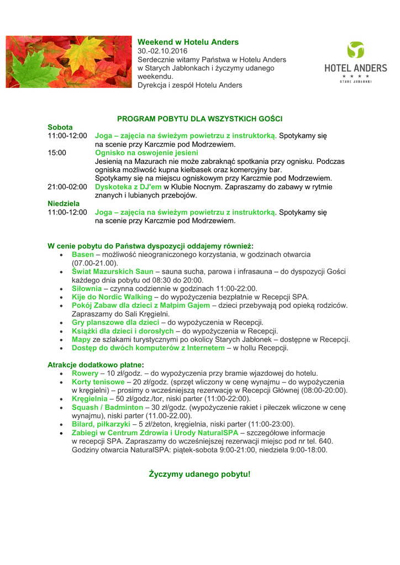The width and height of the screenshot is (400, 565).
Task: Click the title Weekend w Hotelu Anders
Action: tap(188, 42)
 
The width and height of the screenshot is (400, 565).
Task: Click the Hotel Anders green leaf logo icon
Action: tap(355, 50)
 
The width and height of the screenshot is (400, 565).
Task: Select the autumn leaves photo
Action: tap(69, 61)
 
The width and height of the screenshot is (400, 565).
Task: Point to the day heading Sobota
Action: tap(60, 127)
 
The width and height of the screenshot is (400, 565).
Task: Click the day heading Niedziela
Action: tap(64, 204)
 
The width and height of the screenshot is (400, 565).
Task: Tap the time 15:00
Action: tap(57, 153)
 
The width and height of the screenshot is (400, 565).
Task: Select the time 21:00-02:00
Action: tap(67, 187)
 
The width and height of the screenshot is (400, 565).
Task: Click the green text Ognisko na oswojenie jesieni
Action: tap(146, 153)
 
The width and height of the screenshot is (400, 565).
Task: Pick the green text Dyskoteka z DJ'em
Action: tap(128, 187)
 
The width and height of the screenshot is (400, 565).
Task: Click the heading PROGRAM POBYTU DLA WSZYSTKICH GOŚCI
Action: tap(200, 119)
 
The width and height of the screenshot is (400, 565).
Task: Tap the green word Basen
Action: tap(83, 254)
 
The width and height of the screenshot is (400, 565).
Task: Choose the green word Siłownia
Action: tap(87, 289)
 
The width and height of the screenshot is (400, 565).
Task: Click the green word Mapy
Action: tap(81, 339)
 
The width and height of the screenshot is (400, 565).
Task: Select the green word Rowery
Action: tap(85, 374)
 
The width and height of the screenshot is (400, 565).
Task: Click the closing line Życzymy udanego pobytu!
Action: tap(200, 475)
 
